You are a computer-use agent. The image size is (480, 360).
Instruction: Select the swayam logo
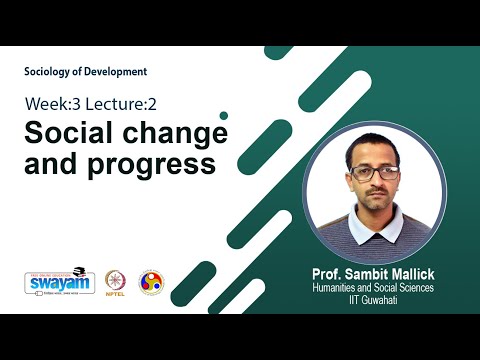53,282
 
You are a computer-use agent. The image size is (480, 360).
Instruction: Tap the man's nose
376,184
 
